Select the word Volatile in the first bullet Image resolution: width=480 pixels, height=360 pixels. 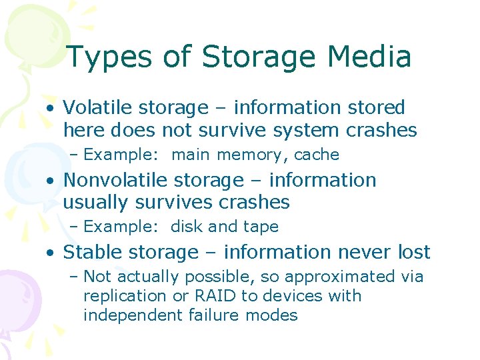[x=98, y=107]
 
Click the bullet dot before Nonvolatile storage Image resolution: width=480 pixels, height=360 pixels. [x=51, y=181]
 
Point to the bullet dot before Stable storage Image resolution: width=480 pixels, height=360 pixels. [x=51, y=253]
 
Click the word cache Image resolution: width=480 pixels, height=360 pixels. [x=317, y=155]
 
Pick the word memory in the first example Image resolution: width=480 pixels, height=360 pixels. [x=249, y=155]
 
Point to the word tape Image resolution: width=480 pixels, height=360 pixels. [x=260, y=227]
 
